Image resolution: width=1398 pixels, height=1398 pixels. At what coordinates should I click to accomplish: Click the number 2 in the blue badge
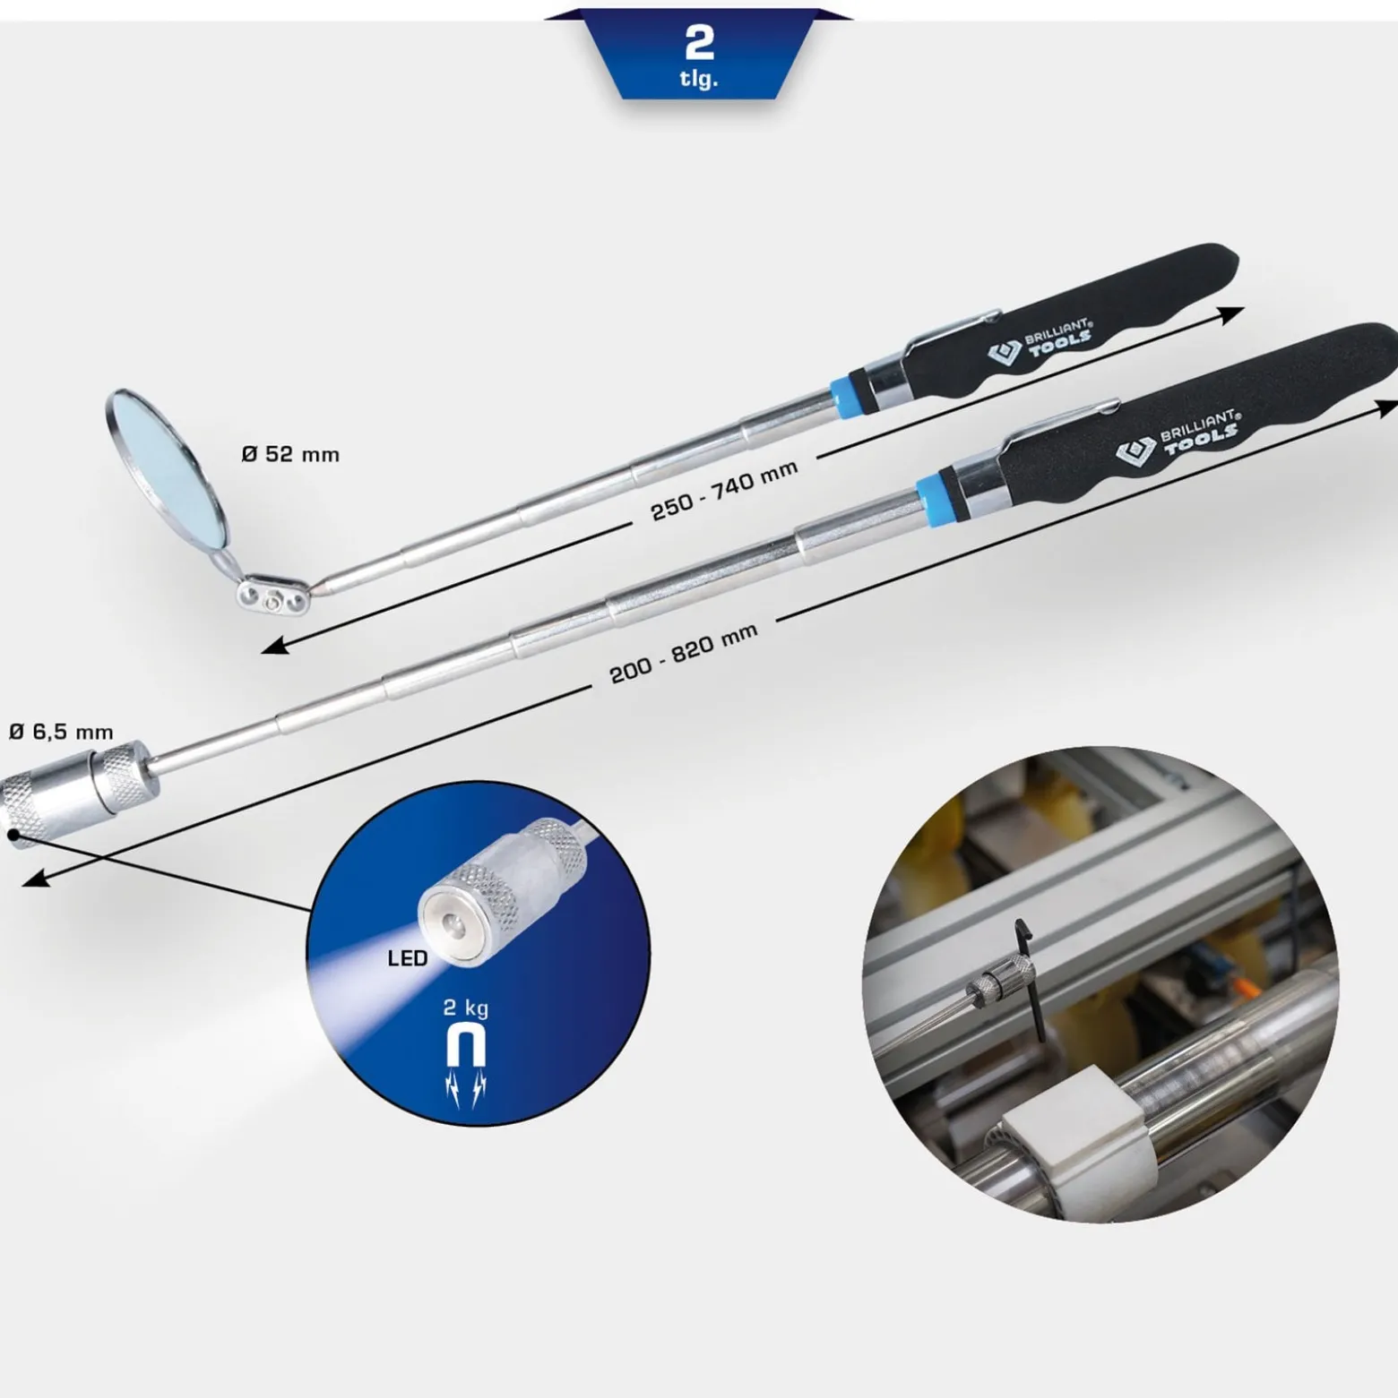click(x=698, y=41)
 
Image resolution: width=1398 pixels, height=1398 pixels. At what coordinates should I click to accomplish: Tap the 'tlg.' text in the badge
click(x=698, y=80)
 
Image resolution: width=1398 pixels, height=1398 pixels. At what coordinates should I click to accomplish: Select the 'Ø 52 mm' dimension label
click(x=290, y=454)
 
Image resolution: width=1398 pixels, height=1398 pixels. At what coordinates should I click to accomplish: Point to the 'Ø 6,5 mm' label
click(x=61, y=732)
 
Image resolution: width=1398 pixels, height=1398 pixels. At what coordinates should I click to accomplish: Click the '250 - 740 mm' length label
click(x=724, y=492)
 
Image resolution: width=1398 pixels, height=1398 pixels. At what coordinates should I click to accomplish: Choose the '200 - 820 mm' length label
click(x=684, y=654)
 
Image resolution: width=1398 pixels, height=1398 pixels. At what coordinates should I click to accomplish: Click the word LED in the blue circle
click(x=408, y=958)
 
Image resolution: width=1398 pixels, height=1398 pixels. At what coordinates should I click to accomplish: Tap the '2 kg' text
click(x=466, y=1008)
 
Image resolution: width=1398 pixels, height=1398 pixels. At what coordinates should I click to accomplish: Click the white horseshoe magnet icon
click(x=466, y=1045)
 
